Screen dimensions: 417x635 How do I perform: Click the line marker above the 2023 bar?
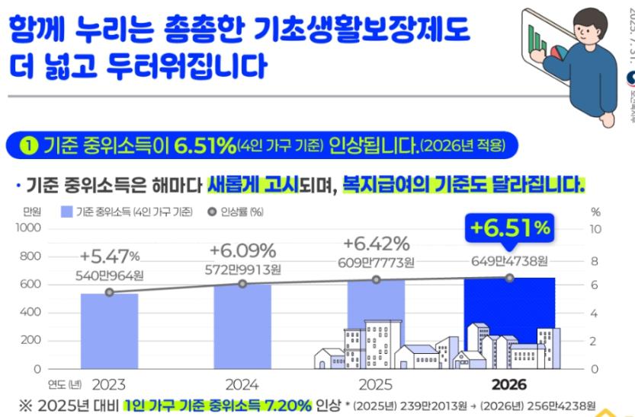[x=109, y=292]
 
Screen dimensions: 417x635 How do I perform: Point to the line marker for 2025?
[x=376, y=280]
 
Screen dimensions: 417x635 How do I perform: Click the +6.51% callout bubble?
[x=509, y=228]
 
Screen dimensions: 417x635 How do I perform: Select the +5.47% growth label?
[x=109, y=254]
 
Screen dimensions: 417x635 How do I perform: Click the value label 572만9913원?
[x=242, y=268]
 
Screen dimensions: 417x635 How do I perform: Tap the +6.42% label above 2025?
[x=376, y=244]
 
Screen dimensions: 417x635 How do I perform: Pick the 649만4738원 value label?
[x=509, y=262]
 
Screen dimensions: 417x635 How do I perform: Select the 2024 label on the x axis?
[x=242, y=384]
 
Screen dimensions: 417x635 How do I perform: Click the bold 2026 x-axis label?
[x=509, y=384]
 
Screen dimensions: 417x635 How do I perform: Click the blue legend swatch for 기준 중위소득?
[x=66, y=212]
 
